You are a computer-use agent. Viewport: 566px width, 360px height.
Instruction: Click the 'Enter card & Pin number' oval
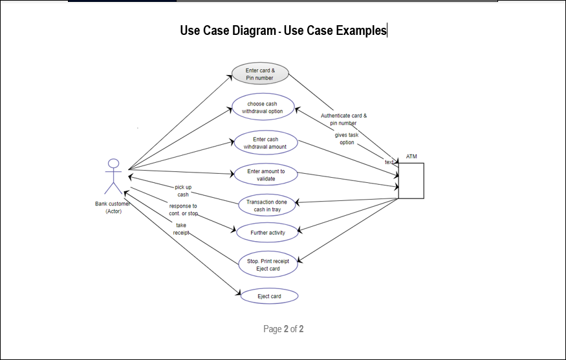click(x=259, y=74)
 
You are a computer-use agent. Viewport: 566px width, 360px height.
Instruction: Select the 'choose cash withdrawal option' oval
click(x=263, y=107)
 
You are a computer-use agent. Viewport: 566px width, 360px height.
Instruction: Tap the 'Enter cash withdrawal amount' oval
click(x=265, y=143)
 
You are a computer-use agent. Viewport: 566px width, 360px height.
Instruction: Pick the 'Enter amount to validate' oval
click(x=266, y=175)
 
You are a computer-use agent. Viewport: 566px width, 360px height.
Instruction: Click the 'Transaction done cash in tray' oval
click(x=267, y=206)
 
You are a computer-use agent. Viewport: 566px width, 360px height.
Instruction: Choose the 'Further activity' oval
click(x=268, y=231)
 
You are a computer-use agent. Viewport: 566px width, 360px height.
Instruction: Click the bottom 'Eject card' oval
click(x=269, y=296)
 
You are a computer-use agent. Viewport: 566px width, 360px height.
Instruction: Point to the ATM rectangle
click(x=411, y=180)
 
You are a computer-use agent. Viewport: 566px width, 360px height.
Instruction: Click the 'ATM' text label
click(x=411, y=156)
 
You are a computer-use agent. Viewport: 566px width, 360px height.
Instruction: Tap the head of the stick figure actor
click(x=114, y=164)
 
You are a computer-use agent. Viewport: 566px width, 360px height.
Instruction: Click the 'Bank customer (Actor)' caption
click(x=113, y=207)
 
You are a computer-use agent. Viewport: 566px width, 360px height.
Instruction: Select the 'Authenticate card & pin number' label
click(x=343, y=120)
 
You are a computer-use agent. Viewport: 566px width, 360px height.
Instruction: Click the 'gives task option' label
click(x=347, y=138)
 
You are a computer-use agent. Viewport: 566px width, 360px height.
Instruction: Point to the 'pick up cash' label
click(x=183, y=191)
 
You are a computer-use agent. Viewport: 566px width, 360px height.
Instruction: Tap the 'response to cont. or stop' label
click(x=183, y=209)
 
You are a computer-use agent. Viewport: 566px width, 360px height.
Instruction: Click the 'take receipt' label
click(x=181, y=228)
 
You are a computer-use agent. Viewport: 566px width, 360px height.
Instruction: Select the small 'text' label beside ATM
click(x=389, y=162)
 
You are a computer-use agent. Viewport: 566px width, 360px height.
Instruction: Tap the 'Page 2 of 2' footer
click(x=283, y=329)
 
